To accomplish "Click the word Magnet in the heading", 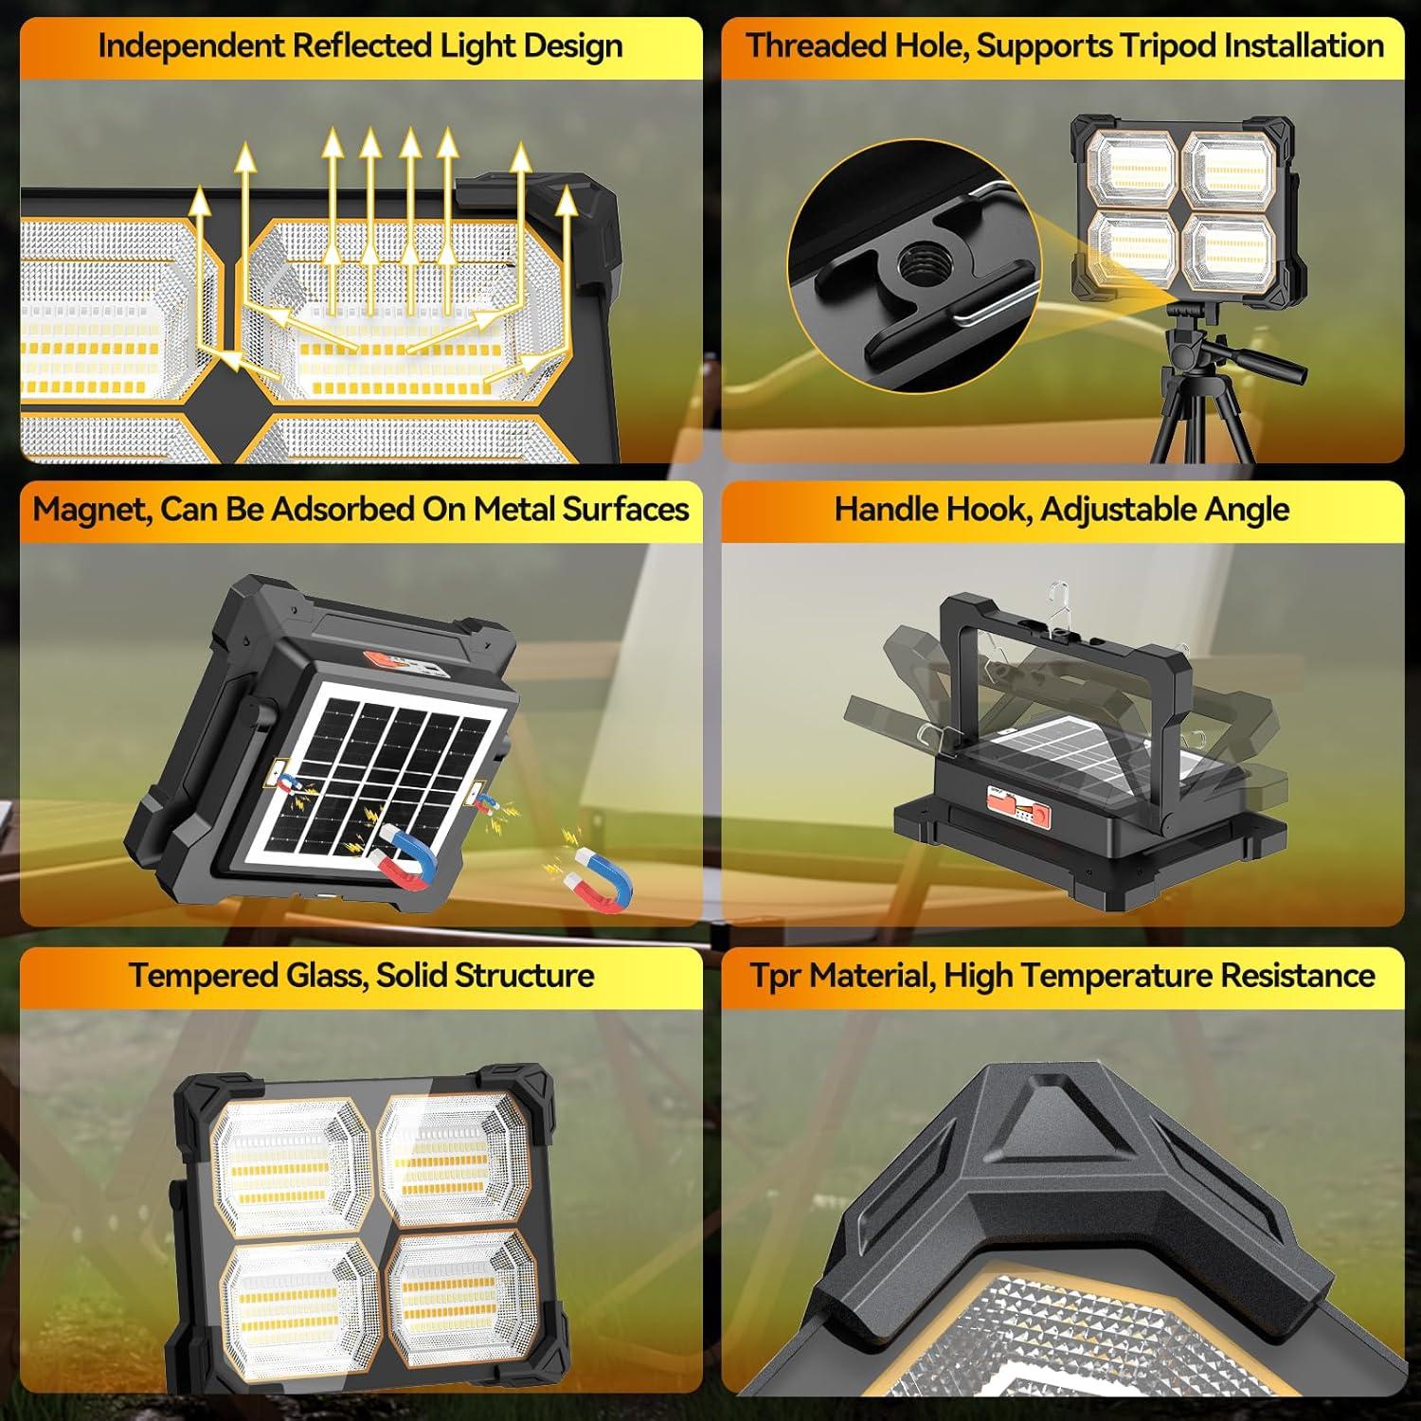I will [90, 510].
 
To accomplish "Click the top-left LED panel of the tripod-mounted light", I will [1130, 167].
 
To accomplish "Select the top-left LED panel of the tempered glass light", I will [289, 1163].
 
